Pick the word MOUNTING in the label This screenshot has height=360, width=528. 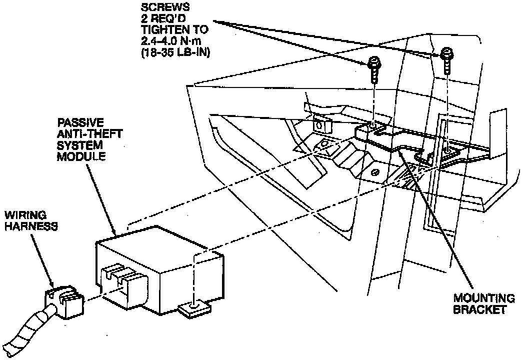[483, 299]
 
